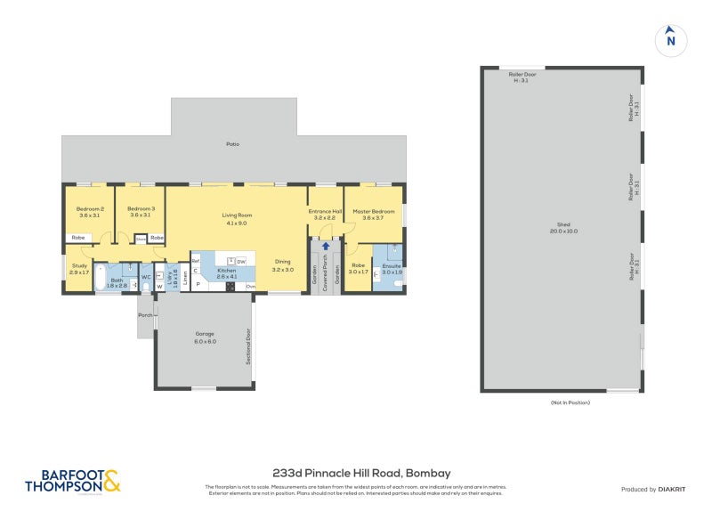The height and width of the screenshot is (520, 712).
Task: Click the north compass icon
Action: pyautogui.click(x=671, y=40)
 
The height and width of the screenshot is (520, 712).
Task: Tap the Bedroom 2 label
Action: pyautogui.click(x=89, y=210)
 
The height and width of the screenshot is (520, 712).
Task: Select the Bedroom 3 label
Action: pyautogui.click(x=141, y=210)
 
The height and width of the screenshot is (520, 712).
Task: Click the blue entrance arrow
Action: pyautogui.click(x=326, y=246)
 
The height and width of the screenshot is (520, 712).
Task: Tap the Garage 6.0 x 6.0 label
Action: pyautogui.click(x=206, y=338)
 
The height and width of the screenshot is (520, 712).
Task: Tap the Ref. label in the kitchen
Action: pyautogui.click(x=195, y=260)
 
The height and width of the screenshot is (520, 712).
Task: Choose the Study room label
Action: pyautogui.click(x=80, y=268)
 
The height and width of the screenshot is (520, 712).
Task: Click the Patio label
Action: pyautogui.click(x=232, y=144)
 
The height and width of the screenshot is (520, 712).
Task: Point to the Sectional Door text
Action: pyautogui.click(x=248, y=348)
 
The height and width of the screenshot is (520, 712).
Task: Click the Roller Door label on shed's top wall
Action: pyautogui.click(x=524, y=77)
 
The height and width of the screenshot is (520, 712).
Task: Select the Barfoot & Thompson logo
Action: pyautogui.click(x=71, y=481)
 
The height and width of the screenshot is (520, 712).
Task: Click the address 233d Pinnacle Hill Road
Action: pyautogui.click(x=349, y=473)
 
